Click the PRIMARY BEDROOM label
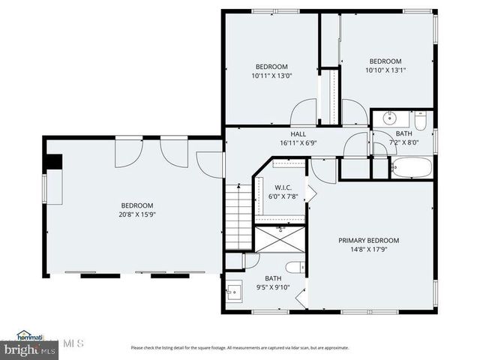coord(368,241)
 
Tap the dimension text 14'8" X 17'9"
coord(368,251)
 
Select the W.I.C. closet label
coord(283,187)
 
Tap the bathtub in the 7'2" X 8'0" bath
coord(411,168)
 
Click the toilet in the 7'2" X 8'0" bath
coord(421,118)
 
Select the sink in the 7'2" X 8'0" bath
coord(388,118)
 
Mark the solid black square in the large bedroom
coord(53,163)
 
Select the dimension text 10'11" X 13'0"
coord(272,75)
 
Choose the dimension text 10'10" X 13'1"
coord(385,71)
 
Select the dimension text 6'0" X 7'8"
coord(283,196)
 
